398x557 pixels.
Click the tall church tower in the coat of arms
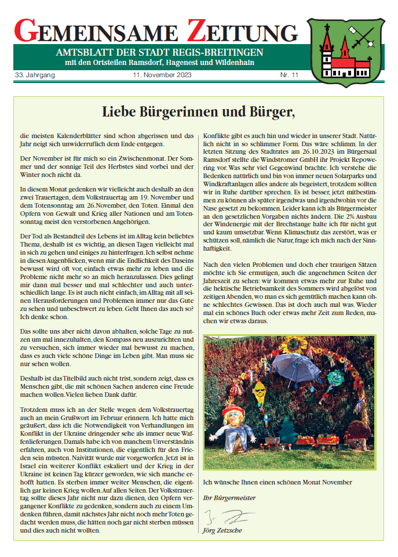328,49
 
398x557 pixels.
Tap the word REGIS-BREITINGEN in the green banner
221,53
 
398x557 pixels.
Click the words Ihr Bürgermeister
229,498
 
